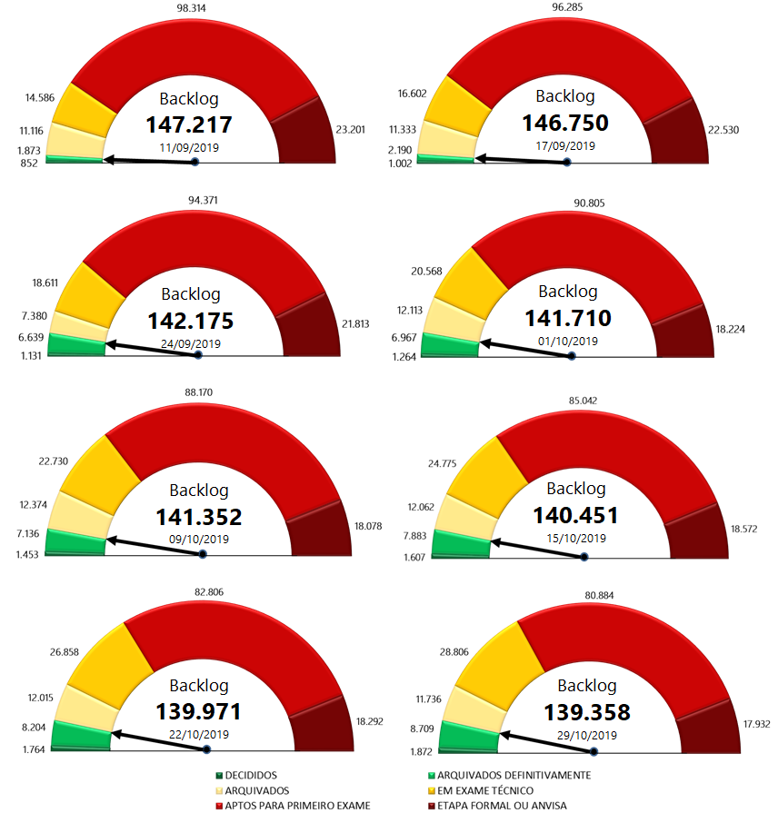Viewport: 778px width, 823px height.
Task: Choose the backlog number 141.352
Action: pyautogui.click(x=198, y=517)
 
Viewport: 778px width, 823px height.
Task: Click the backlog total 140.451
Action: pyautogui.click(x=575, y=515)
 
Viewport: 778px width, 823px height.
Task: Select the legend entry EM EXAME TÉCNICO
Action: pyautogui.click(x=488, y=790)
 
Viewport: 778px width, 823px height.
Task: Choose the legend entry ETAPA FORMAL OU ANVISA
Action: pyautogui.click(x=502, y=805)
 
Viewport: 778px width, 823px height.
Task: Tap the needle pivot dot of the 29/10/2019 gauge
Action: pyautogui.click(x=593, y=751)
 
